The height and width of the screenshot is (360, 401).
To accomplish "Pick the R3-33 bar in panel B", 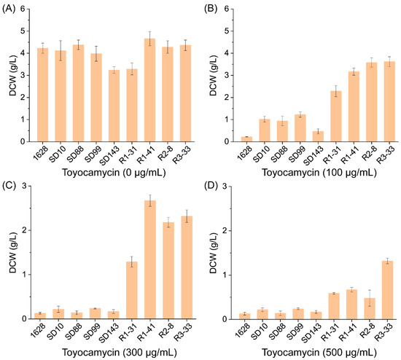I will (x=381, y=102).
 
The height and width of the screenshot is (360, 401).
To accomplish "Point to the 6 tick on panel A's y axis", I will (x=34, y=9).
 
